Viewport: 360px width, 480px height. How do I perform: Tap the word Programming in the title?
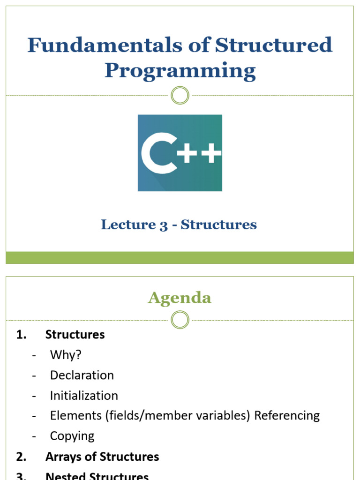(x=180, y=71)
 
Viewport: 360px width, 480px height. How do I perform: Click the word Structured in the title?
(x=274, y=45)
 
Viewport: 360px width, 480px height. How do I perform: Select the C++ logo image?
(x=180, y=153)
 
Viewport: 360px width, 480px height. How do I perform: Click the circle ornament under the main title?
(x=180, y=96)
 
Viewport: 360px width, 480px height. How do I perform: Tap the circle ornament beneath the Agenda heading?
(x=180, y=321)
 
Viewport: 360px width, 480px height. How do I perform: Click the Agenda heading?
(x=180, y=298)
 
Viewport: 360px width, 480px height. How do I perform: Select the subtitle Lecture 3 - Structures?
(x=179, y=225)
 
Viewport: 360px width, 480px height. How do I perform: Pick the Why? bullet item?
(x=66, y=355)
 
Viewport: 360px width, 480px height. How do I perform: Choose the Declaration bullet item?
(x=82, y=375)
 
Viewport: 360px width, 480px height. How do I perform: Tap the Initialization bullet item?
(x=84, y=395)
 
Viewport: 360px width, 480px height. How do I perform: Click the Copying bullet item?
(x=72, y=435)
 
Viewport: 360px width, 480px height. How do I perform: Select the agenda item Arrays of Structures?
(x=102, y=457)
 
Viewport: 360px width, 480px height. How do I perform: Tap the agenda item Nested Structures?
(x=97, y=476)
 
